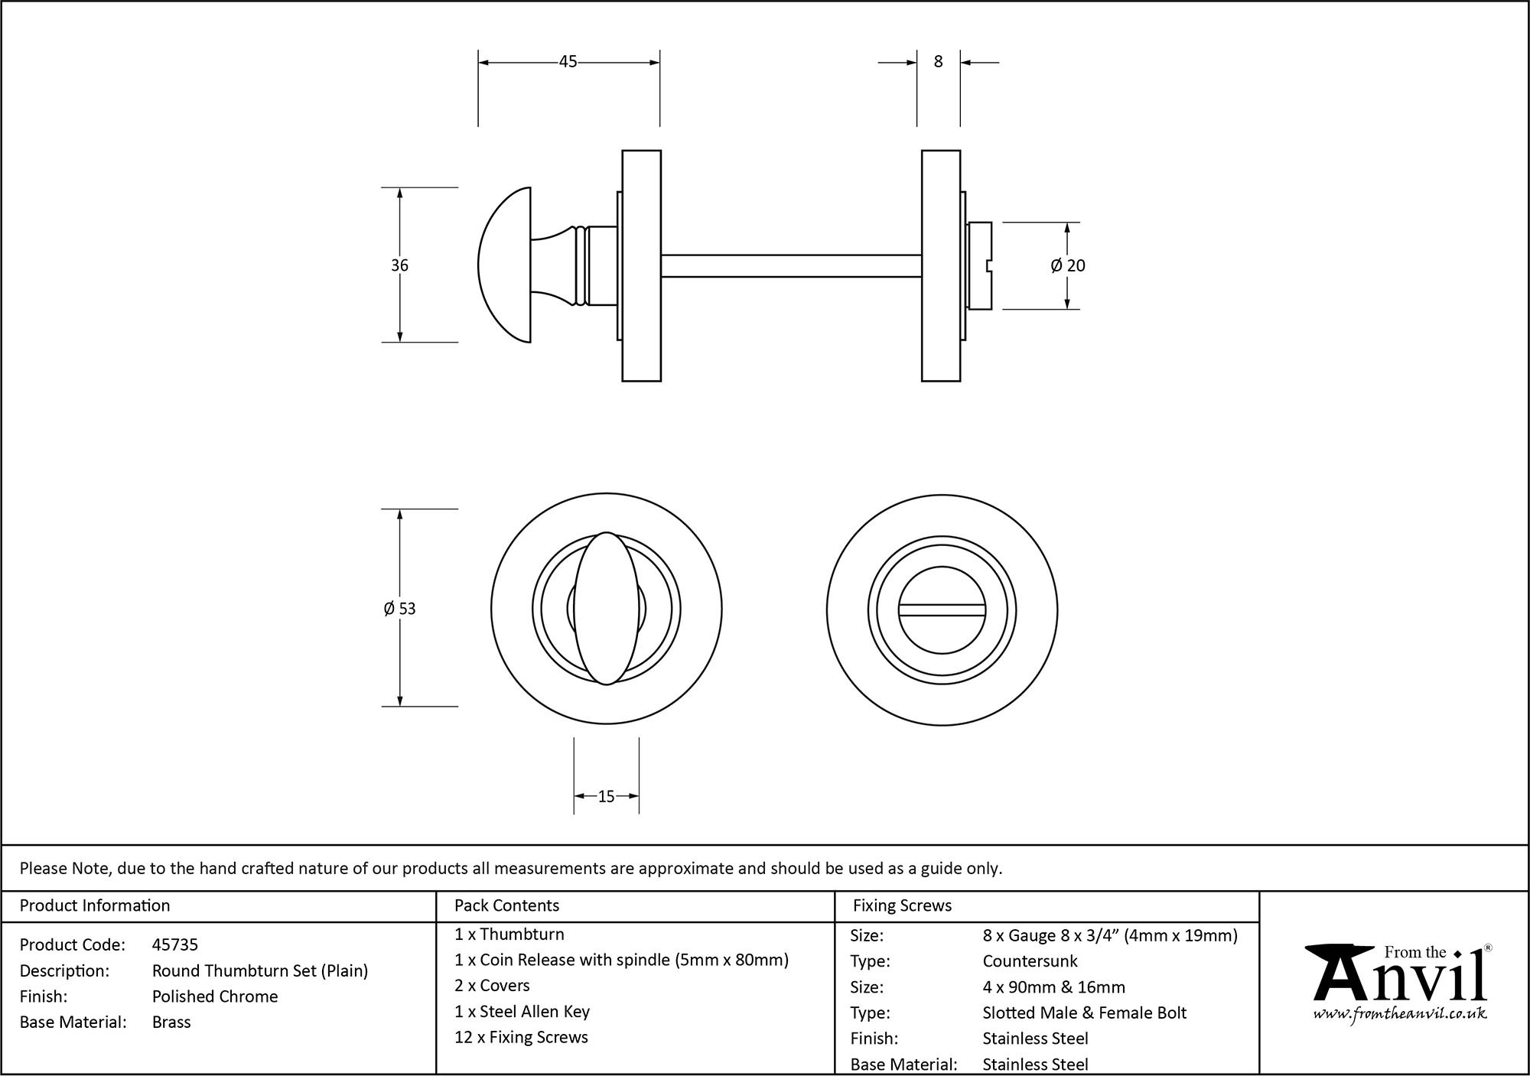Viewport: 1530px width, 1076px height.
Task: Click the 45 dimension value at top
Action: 568,62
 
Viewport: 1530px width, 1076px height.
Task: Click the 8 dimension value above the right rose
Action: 939,62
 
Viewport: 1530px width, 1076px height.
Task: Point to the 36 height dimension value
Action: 399,265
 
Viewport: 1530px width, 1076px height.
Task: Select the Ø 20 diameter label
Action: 1068,265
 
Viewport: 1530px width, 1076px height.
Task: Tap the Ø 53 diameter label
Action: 399,609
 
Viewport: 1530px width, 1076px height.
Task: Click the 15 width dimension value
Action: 606,797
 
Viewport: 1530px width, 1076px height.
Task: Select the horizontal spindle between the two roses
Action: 790,265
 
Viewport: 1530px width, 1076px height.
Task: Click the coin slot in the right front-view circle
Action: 942,610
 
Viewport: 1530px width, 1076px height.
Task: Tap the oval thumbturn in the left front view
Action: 607,608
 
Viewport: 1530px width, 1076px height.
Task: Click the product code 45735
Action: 174,944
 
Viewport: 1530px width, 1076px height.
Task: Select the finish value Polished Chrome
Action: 215,996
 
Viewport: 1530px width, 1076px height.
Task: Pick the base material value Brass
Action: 171,1022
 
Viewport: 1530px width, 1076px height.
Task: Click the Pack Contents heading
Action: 506,905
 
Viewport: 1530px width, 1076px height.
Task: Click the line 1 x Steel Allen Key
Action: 522,1012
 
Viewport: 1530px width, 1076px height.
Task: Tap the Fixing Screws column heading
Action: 902,905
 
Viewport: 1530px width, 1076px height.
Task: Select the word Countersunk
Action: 1030,961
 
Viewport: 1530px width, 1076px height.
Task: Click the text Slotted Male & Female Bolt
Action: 1084,1013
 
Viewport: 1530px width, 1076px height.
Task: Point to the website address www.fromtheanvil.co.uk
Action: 1400,1014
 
